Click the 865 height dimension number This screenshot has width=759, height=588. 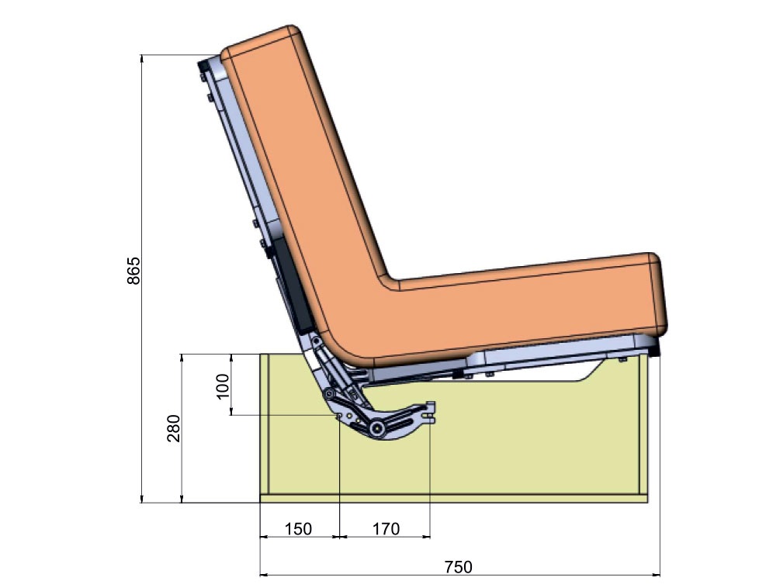pos(133,270)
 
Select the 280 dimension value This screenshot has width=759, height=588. pos(174,427)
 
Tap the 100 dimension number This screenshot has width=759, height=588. pos(222,386)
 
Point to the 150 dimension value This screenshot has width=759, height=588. pos(298,528)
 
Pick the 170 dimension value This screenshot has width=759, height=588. pos(386,528)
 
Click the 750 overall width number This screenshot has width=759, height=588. pos(459,567)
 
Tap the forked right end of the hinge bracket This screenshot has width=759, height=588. pos(430,413)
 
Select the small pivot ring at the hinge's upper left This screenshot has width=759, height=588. pos(330,394)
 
